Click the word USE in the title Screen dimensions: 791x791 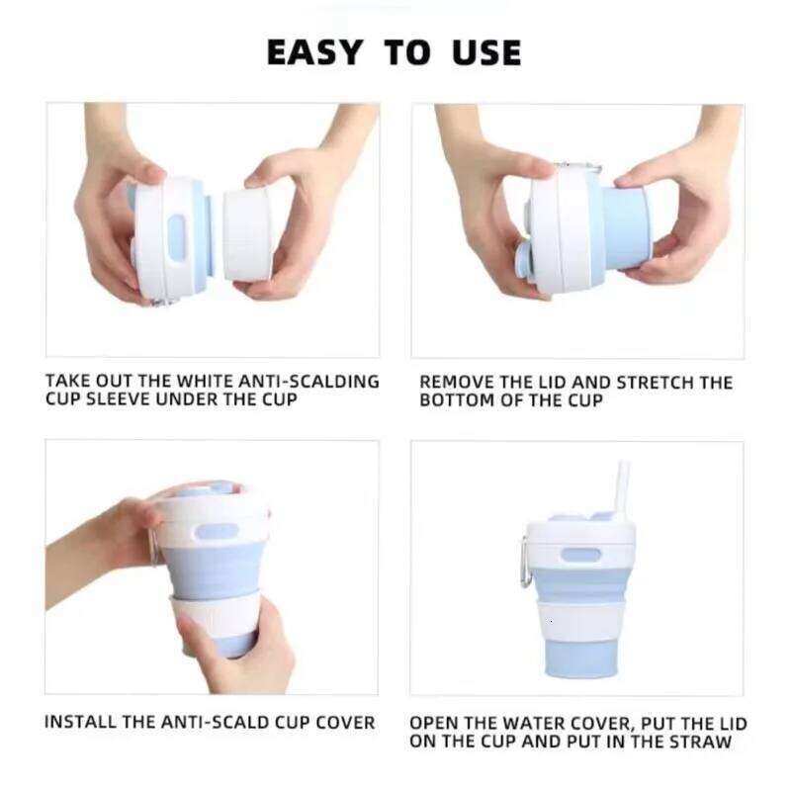pyautogui.click(x=483, y=51)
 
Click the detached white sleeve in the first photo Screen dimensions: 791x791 pyautogui.click(x=246, y=234)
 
